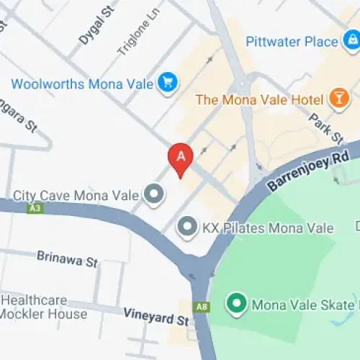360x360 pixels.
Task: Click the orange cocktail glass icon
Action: pos(337,97)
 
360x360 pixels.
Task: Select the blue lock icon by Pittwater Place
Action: pos(352,42)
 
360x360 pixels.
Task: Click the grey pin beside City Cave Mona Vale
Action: pos(153,194)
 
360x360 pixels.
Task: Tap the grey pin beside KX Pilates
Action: pos(187,228)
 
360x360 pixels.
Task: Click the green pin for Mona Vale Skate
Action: pos(235,304)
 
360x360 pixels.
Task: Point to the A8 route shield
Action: pos(202,306)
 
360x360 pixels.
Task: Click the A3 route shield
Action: pos(34,209)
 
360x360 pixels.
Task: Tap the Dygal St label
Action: pos(97,27)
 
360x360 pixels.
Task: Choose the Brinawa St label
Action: pos(67,259)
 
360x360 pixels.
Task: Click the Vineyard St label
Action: pos(156,315)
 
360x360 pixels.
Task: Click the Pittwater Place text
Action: pos(292,42)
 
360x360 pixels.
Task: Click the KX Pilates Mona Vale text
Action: pos(268,228)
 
